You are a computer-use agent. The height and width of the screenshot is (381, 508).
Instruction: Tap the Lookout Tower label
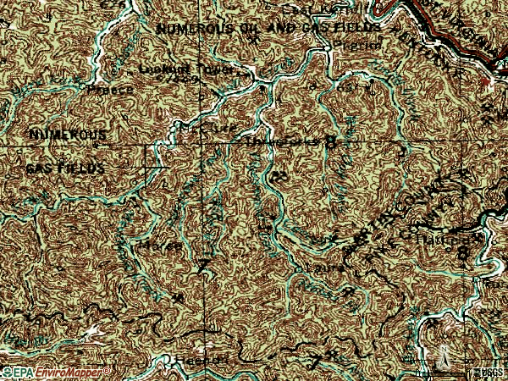click(x=178, y=68)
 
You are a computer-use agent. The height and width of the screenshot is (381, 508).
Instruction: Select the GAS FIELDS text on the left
click(x=65, y=168)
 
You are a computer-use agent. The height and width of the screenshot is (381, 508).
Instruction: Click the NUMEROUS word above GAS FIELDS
click(x=68, y=135)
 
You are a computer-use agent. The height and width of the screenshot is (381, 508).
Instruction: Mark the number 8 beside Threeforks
click(x=331, y=141)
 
